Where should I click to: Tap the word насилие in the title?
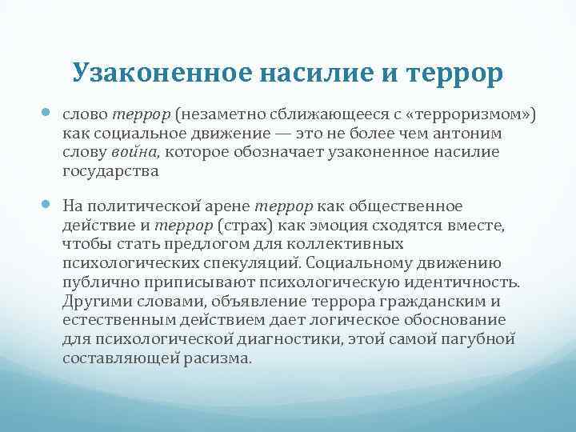coord(308,73)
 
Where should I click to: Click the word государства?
coord(110,170)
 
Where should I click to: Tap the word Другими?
coord(93,301)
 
